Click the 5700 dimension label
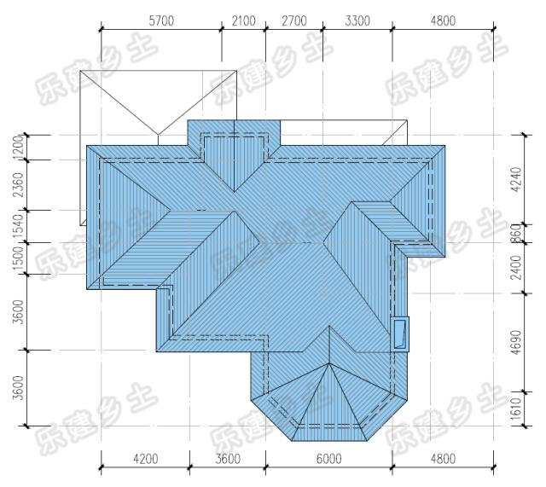161,20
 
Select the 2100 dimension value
243,20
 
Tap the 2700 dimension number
294,20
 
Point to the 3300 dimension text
357,20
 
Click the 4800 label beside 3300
443,20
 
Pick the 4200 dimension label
146,459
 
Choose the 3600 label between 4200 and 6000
228,459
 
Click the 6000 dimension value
329,459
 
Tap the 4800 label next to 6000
443,459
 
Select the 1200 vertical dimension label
19,148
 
